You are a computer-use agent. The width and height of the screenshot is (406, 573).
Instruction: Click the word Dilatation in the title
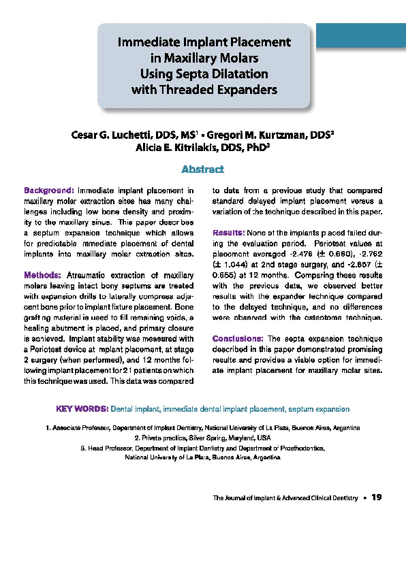pyautogui.click(x=236, y=73)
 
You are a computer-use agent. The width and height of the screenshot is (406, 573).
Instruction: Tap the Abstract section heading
pyautogui.click(x=203, y=169)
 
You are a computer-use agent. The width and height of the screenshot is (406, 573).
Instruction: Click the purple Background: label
pyautogui.click(x=49, y=191)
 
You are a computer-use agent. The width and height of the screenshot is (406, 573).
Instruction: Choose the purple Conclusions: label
pyautogui.click(x=238, y=338)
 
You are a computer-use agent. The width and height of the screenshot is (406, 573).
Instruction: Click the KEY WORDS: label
pyautogui.click(x=80, y=410)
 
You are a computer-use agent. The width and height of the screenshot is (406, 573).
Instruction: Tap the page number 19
pyautogui.click(x=376, y=497)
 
